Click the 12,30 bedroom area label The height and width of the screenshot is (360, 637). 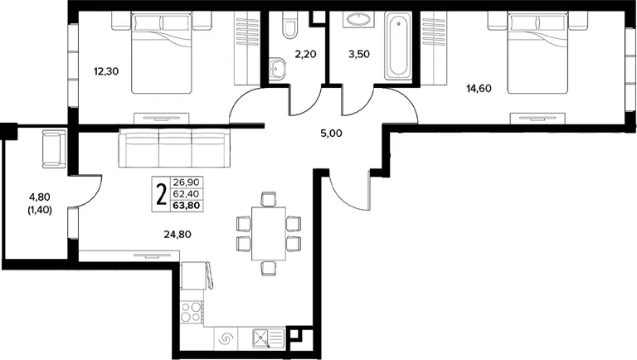(106, 71)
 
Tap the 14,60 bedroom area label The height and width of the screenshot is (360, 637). (479, 88)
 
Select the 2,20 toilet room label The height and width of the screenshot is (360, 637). (305, 54)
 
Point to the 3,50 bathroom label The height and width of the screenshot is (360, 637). (359, 54)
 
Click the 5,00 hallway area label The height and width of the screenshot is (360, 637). (331, 134)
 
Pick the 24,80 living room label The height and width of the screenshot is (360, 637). (177, 234)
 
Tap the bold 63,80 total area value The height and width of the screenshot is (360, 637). (187, 205)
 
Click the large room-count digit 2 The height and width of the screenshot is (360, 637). (162, 194)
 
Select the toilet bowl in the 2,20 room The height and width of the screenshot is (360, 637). (289, 25)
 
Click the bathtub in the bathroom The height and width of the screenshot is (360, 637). (398, 46)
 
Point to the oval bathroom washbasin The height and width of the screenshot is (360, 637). (357, 19)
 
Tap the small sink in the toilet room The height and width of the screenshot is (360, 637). (278, 68)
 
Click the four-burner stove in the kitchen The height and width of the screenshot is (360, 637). (192, 312)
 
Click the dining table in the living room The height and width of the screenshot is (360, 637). (269, 234)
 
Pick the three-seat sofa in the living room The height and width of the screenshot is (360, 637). (174, 148)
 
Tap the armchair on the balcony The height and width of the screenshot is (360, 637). (54, 148)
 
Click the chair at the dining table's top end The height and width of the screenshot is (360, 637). (269, 199)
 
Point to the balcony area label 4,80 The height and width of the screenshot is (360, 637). (40, 197)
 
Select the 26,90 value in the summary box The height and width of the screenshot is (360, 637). (187, 182)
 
